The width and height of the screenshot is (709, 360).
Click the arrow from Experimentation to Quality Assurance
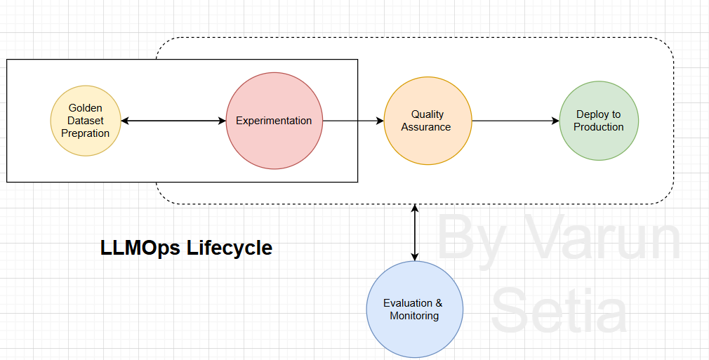[x=353, y=121]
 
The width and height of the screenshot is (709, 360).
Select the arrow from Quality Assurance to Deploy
[x=515, y=121]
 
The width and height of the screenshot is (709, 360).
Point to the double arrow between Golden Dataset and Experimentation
[x=173, y=121]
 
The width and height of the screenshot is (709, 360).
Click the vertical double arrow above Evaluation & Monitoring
[x=415, y=233]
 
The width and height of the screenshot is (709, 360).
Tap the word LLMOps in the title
[x=140, y=248]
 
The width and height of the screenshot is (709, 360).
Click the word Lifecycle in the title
[x=230, y=248]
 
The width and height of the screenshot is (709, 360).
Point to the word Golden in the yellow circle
[x=85, y=108]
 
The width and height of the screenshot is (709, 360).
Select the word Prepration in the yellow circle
[x=85, y=133]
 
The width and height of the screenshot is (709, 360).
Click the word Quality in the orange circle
[x=427, y=114]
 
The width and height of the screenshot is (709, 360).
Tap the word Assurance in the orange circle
[x=427, y=127]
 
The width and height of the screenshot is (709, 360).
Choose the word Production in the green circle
[x=598, y=127]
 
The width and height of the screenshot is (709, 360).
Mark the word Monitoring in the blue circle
[x=414, y=316]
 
